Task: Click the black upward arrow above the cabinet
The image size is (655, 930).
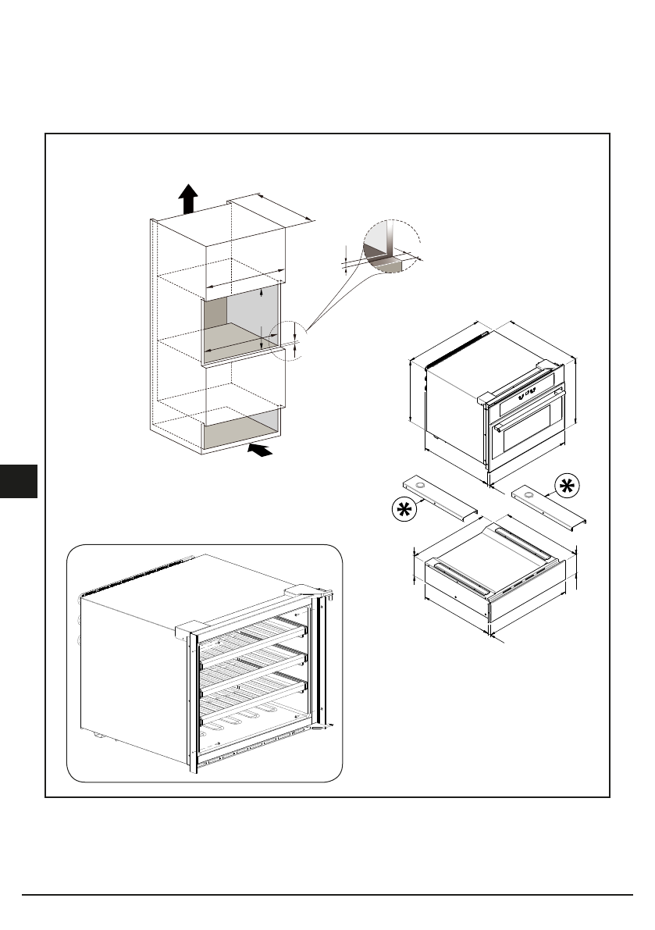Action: click(187, 198)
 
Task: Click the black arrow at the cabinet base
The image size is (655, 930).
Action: click(262, 449)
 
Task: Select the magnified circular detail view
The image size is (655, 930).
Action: click(391, 246)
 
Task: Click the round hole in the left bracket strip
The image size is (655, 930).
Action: click(422, 488)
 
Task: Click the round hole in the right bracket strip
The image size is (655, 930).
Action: click(529, 494)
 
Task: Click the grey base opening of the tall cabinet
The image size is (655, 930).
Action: click(240, 429)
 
